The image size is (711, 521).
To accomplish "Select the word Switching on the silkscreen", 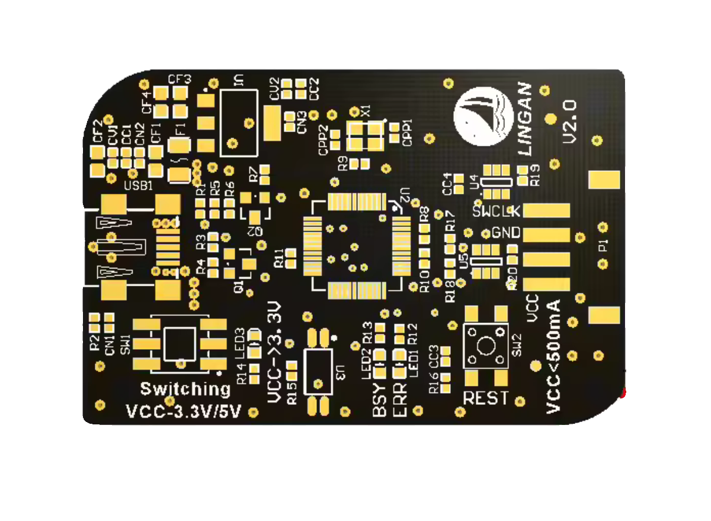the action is coord(185,389).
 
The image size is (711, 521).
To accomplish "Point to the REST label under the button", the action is coord(485,398).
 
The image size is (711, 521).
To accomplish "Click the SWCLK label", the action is coord(497,211).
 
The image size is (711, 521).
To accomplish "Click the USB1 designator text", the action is coord(139,186).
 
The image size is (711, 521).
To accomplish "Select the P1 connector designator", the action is coord(603,245).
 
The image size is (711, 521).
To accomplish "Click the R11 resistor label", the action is coord(279,258).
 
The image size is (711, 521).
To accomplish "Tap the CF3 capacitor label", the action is coord(180,79).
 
